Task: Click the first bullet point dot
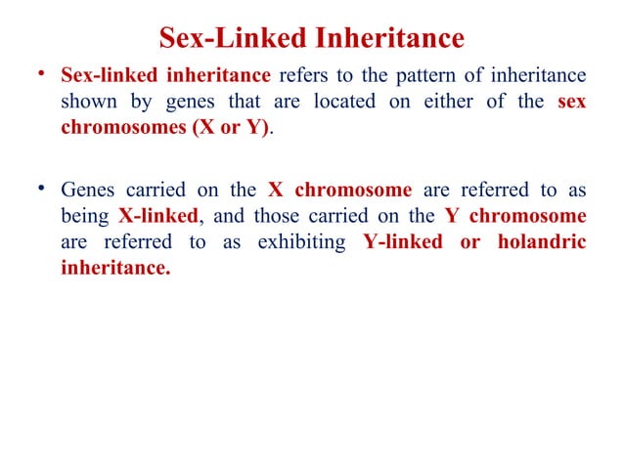pos(39,76)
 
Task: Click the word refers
pos(306,75)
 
